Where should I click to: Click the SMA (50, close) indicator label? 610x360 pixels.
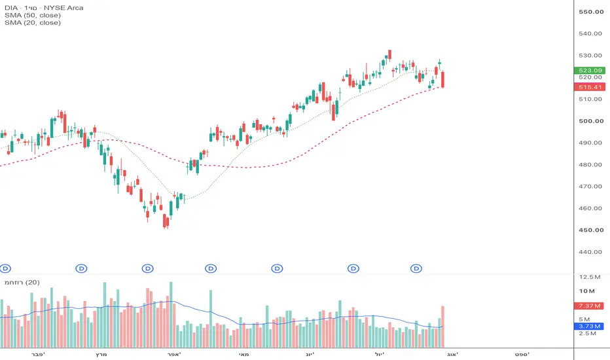(x=33, y=15)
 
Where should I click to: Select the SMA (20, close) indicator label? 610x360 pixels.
(x=33, y=22)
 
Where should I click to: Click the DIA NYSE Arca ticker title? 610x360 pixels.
(x=44, y=8)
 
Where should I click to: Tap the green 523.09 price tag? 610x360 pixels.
(x=590, y=71)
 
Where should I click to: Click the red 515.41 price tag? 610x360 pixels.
(x=590, y=87)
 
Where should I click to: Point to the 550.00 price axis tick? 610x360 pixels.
(x=591, y=12)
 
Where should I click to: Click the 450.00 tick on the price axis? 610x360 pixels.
(x=591, y=230)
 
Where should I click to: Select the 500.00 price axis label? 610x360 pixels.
(x=591, y=121)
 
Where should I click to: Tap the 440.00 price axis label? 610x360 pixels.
(x=590, y=252)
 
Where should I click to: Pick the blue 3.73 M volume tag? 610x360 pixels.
(x=589, y=326)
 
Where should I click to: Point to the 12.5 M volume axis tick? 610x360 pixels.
(x=590, y=277)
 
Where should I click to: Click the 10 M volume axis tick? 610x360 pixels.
(x=587, y=291)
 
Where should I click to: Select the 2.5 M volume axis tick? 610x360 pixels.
(x=588, y=334)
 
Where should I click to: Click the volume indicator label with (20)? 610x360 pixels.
(x=22, y=283)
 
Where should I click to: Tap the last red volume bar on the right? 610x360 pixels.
(x=442, y=327)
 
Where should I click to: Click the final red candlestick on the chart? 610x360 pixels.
(x=442, y=79)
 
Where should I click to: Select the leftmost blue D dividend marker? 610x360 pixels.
(x=5, y=268)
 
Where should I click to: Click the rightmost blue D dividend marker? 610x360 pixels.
(x=416, y=268)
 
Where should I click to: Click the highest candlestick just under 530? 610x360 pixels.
(x=389, y=54)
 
